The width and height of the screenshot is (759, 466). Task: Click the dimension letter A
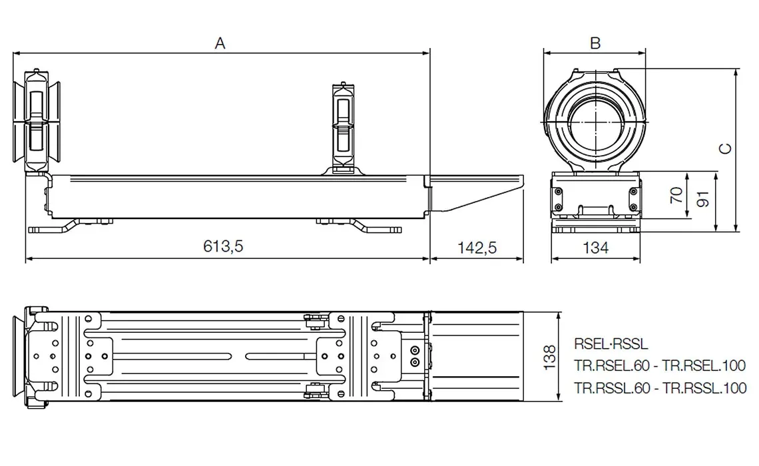coord(220,43)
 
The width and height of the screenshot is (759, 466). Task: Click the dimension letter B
coord(595,43)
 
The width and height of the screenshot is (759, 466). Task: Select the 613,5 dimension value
coord(224,247)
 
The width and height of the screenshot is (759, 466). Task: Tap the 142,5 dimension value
coord(477,247)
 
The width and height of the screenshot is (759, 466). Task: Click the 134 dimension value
coord(595,248)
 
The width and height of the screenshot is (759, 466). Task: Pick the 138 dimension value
coord(551,357)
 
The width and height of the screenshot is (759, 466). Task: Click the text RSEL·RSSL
coord(611,344)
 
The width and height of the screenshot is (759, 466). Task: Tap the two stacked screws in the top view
coord(415,356)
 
